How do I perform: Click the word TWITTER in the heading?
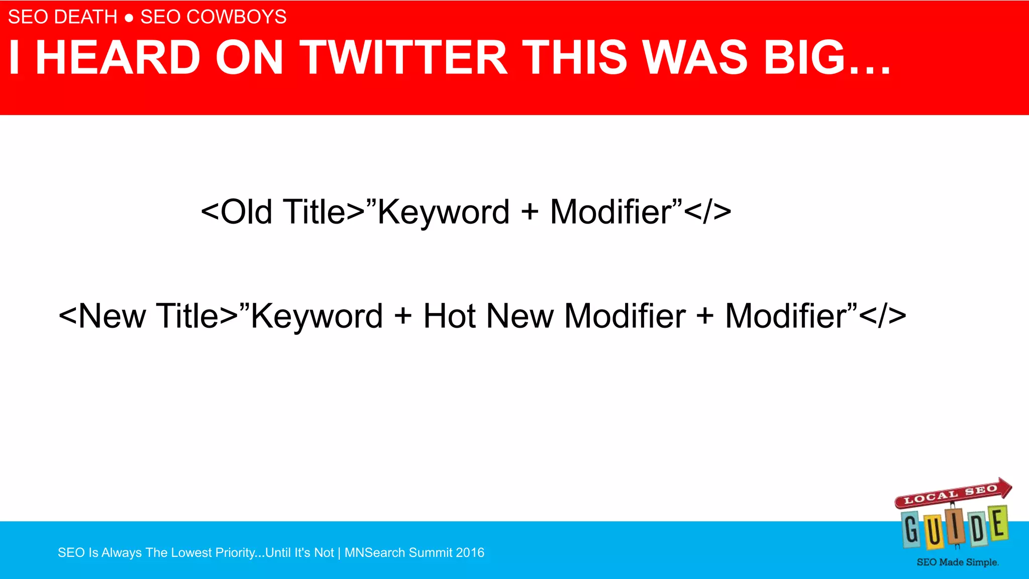(403, 58)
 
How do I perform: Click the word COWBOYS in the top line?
(237, 17)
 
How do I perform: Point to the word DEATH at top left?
(86, 17)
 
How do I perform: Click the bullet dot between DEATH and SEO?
(129, 18)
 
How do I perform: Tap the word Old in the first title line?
(246, 212)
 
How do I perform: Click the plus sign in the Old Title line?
(530, 212)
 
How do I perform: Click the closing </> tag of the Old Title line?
(708, 212)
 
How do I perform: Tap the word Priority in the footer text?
(236, 552)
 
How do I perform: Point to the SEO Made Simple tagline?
(957, 562)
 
